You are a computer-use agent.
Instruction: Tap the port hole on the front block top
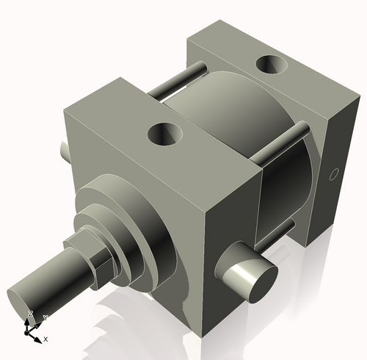click(166, 134)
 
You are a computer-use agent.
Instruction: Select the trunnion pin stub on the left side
click(65, 150)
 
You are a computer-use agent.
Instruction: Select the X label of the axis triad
click(46, 339)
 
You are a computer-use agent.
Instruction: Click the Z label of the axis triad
click(30, 314)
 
